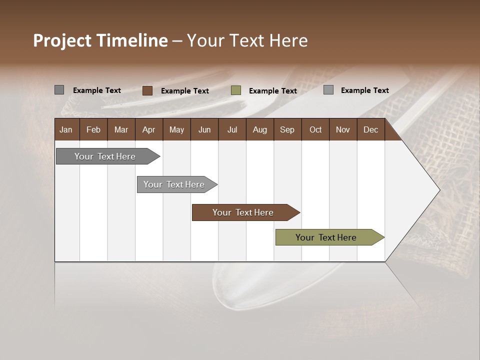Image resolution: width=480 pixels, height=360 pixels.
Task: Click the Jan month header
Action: point(66,129)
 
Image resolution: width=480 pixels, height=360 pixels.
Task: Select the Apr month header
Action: point(148,129)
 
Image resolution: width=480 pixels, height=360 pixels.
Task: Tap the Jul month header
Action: point(232,129)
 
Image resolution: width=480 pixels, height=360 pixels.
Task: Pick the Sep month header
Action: point(287,129)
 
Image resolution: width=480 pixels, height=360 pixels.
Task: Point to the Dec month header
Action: point(370,129)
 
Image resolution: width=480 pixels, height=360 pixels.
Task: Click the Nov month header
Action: point(342,129)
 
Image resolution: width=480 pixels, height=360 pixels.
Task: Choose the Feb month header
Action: point(93,129)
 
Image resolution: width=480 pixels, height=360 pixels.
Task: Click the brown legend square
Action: point(147,90)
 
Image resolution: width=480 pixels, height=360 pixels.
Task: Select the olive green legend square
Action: point(236,90)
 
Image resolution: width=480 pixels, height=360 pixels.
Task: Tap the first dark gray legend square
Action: point(59,90)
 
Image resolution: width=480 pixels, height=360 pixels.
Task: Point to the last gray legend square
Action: point(328,90)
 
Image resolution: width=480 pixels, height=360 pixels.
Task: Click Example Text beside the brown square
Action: point(184,91)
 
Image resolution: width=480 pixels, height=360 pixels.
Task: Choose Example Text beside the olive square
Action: point(272,91)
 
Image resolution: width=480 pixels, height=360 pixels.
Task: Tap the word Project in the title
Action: point(62,40)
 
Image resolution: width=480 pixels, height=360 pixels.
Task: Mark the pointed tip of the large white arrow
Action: point(439,190)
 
